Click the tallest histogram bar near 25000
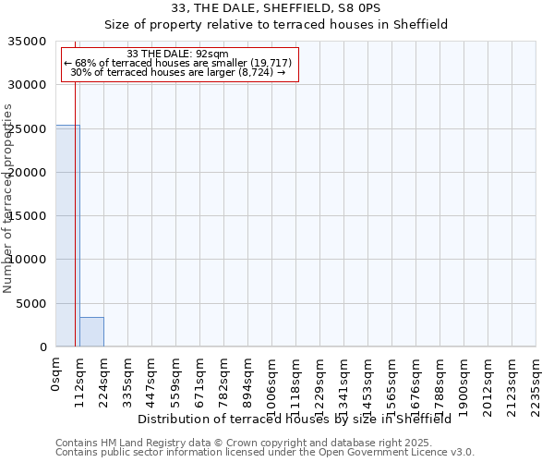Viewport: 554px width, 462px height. pos(67,236)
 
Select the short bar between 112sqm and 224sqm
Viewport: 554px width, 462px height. pos(91,332)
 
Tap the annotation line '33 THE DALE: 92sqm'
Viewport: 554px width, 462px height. pos(177,54)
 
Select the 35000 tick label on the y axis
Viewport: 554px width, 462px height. pos(29,42)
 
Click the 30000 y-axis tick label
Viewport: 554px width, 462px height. pos(29,85)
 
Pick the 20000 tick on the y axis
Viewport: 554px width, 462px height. pos(29,173)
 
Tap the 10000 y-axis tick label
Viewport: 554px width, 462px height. pos(29,260)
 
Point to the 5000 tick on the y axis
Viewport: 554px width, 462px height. pos(32,304)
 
